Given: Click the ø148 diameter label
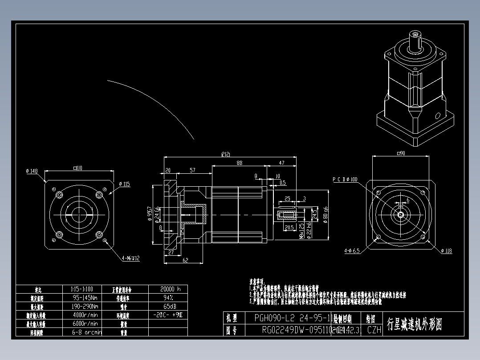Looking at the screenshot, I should tap(33, 170).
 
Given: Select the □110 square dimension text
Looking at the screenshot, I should tap(79, 168).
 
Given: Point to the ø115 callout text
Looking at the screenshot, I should tap(124, 184).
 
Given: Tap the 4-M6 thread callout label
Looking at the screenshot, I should tap(131, 258).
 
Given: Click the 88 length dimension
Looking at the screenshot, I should tap(240, 163).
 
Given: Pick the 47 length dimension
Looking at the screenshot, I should tap(281, 163).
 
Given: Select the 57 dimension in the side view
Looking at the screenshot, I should tap(192, 170).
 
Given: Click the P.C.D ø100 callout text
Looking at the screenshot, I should tap(345, 179).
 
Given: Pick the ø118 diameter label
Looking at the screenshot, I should tap(446, 251).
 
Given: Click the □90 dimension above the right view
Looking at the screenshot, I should tap(400, 153).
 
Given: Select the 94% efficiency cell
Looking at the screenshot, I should tap(168, 297).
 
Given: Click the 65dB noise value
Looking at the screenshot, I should tap(168, 306).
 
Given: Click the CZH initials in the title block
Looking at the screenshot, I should tap(374, 330).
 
